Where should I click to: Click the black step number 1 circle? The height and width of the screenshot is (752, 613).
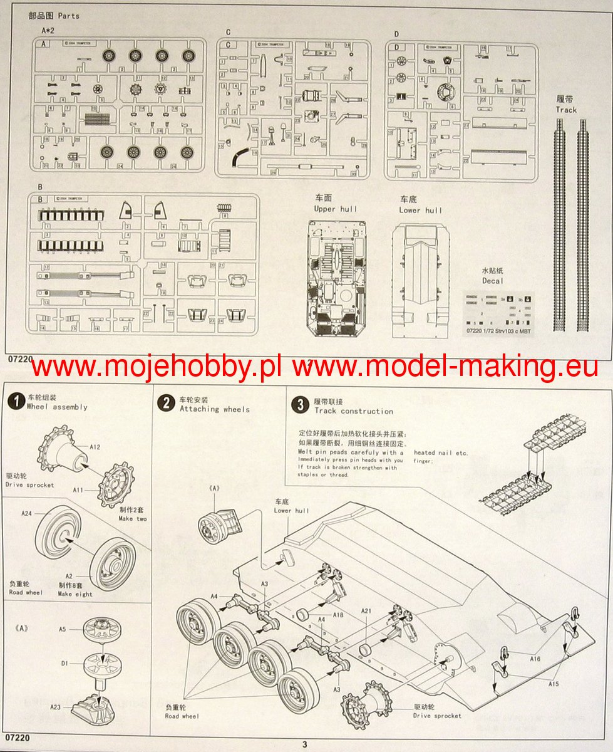tap(16, 402)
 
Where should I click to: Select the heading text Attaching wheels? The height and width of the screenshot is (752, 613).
tap(214, 409)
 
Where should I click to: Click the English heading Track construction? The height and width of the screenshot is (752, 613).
tap(354, 411)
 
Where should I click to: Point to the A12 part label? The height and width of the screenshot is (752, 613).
tap(95, 447)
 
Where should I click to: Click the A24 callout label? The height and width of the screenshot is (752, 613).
tap(26, 513)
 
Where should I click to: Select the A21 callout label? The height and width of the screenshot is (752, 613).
tap(366, 610)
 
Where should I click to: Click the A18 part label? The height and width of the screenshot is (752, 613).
tap(338, 615)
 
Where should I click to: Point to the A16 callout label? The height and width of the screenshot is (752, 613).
tap(535, 659)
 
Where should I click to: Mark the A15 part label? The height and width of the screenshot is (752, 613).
tap(553, 684)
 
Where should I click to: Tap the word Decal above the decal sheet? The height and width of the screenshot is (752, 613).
tap(492, 281)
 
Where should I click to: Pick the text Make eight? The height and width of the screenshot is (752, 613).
tap(75, 594)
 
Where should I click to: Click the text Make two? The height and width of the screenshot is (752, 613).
tap(133, 519)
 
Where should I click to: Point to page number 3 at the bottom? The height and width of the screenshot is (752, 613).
tap(305, 744)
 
